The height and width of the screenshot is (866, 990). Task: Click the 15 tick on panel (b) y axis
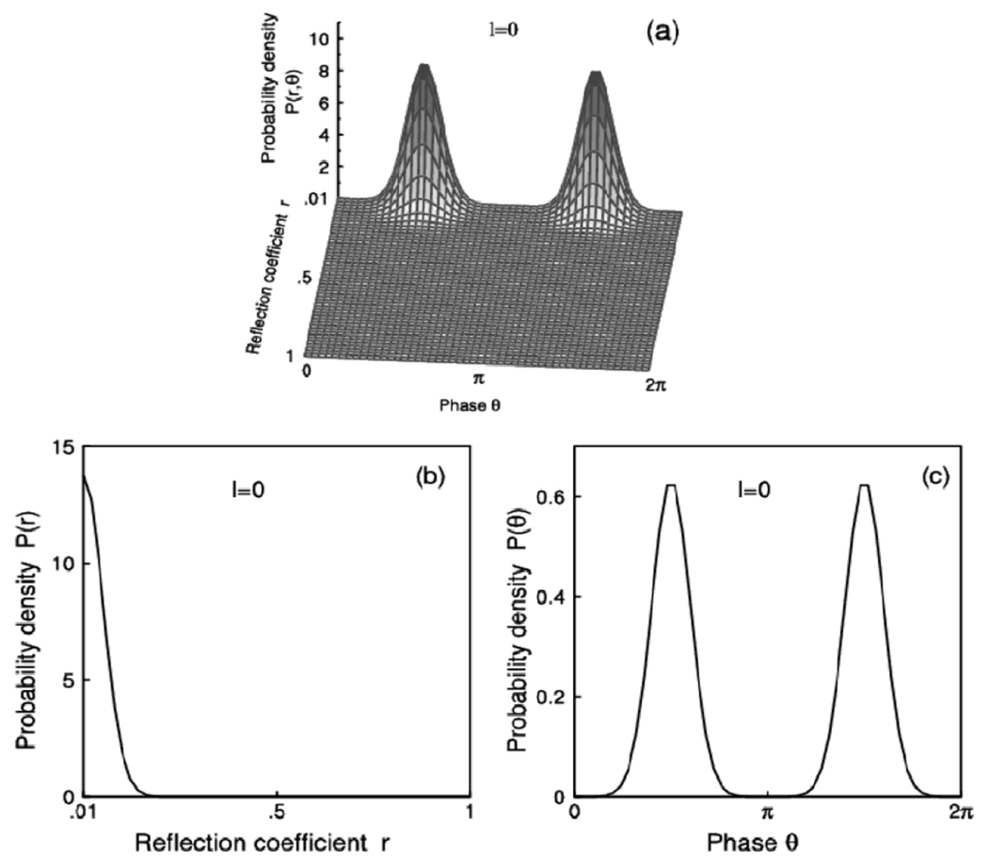[65, 449]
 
